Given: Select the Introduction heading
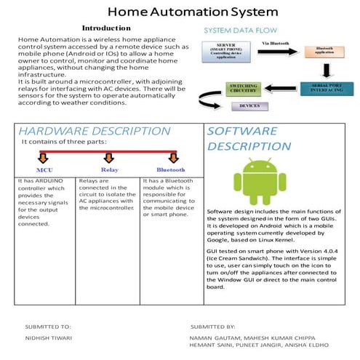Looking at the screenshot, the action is pyautogui.click(x=106, y=28).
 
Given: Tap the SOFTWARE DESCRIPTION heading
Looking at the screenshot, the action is pyautogui.click(x=242, y=138).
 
